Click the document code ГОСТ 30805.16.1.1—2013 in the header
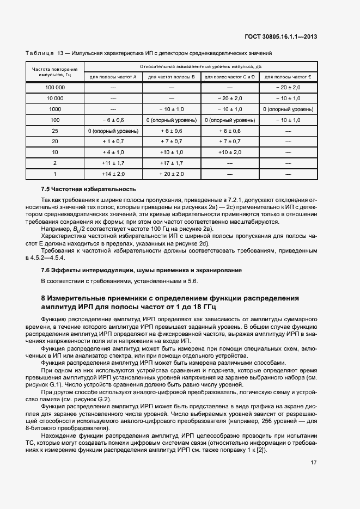(x=282, y=37)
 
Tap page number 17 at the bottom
(x=314, y=463)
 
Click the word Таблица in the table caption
(x=39, y=53)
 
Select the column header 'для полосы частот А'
(x=113, y=77)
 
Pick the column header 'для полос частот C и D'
(x=229, y=77)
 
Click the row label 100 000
(x=55, y=88)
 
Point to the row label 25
(x=55, y=131)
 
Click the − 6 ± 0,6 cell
(x=113, y=120)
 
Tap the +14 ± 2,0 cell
(x=113, y=174)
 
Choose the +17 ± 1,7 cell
(x=171, y=163)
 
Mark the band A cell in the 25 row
(x=113, y=131)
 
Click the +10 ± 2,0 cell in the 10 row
(x=229, y=152)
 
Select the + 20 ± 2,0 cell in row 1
(x=171, y=174)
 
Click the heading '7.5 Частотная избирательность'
(x=88, y=189)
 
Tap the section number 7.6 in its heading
(x=46, y=271)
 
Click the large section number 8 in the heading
(x=44, y=299)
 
